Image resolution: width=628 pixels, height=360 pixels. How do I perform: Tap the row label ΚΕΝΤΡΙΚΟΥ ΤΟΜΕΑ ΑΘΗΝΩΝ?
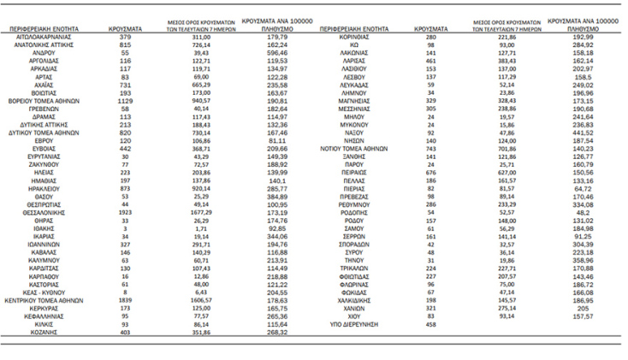pos(56,302)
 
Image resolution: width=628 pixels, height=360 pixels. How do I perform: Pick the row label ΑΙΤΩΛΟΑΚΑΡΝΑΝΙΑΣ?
pos(56,37)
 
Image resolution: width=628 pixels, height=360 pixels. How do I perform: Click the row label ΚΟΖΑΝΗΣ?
pos(56,333)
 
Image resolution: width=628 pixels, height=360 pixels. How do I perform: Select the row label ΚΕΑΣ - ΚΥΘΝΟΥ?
pos(56,292)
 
